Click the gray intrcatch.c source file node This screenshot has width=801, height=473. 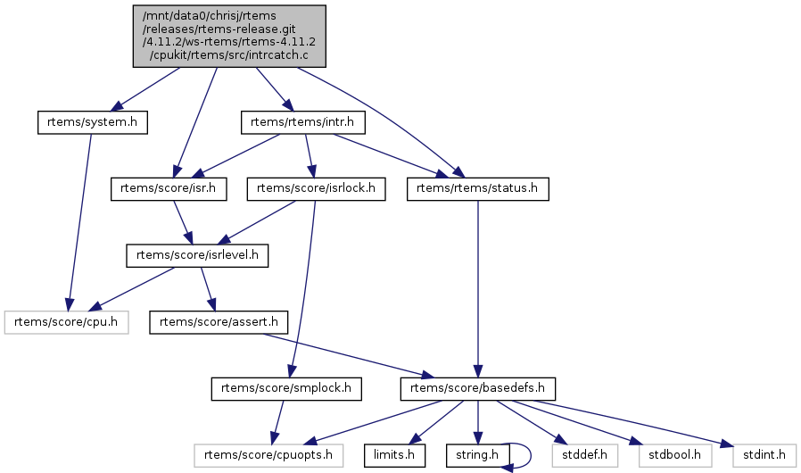pyautogui.click(x=230, y=36)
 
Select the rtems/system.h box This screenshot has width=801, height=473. pyautogui.click(x=92, y=121)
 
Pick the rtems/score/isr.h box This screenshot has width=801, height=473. pyautogui.click(x=169, y=188)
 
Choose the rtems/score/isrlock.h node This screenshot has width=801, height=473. pyautogui.click(x=317, y=188)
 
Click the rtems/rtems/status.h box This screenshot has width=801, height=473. pyautogui.click(x=477, y=188)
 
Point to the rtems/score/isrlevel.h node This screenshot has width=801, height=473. pyautogui.click(x=197, y=255)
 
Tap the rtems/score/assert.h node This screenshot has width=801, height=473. pyautogui.click(x=219, y=321)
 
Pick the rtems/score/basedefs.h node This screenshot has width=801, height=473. pyautogui.click(x=479, y=388)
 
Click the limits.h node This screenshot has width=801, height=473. pyautogui.click(x=392, y=455)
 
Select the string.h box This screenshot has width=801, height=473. pyautogui.click(x=478, y=455)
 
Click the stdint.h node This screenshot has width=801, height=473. pyautogui.click(x=763, y=455)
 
